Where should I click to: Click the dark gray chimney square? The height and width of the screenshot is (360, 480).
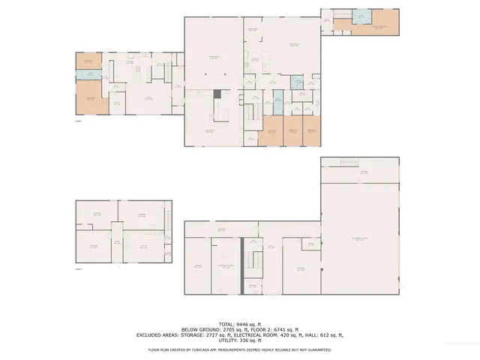pos(217,94)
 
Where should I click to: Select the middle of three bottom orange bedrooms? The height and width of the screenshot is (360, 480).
pos(293,129)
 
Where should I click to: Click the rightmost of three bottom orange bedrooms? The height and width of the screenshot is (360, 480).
pos(313,129)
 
